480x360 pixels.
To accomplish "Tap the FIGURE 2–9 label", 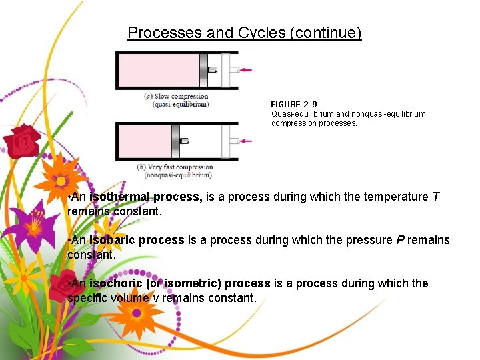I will click(293, 105).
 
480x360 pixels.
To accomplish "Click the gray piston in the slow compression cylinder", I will click(203, 70).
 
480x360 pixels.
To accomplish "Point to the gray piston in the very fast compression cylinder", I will click(175, 141).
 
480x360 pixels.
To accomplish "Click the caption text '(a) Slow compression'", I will click(177, 96).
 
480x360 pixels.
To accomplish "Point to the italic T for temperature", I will click(435, 197).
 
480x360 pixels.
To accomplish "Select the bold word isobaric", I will click(115, 240).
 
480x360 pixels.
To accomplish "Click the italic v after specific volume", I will click(155, 298).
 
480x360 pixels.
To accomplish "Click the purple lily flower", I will click(31, 223).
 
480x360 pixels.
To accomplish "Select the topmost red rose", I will click(22, 141).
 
